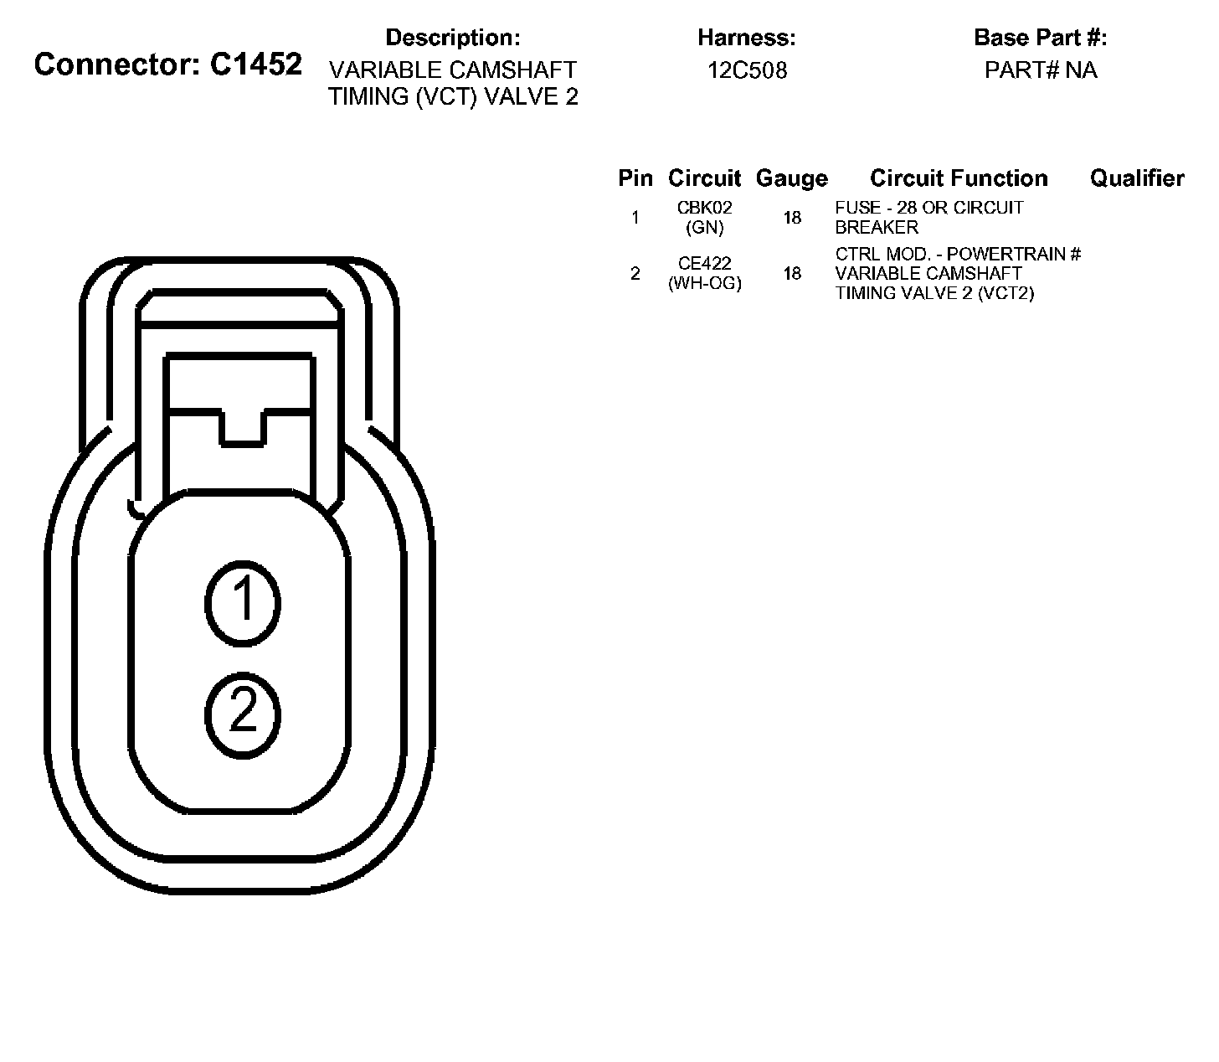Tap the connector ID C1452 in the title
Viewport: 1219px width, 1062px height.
pyautogui.click(x=256, y=64)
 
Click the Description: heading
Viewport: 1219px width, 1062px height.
pyautogui.click(x=453, y=38)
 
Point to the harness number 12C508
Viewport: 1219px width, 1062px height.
pyautogui.click(x=747, y=70)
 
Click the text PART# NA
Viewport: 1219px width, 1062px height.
pyautogui.click(x=1041, y=70)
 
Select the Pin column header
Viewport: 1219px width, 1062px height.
pyautogui.click(x=635, y=178)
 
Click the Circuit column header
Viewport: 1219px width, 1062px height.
pyautogui.click(x=704, y=178)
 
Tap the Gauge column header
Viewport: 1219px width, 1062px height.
pyautogui.click(x=792, y=178)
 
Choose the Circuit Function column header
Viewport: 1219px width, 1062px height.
pyautogui.click(x=959, y=178)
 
